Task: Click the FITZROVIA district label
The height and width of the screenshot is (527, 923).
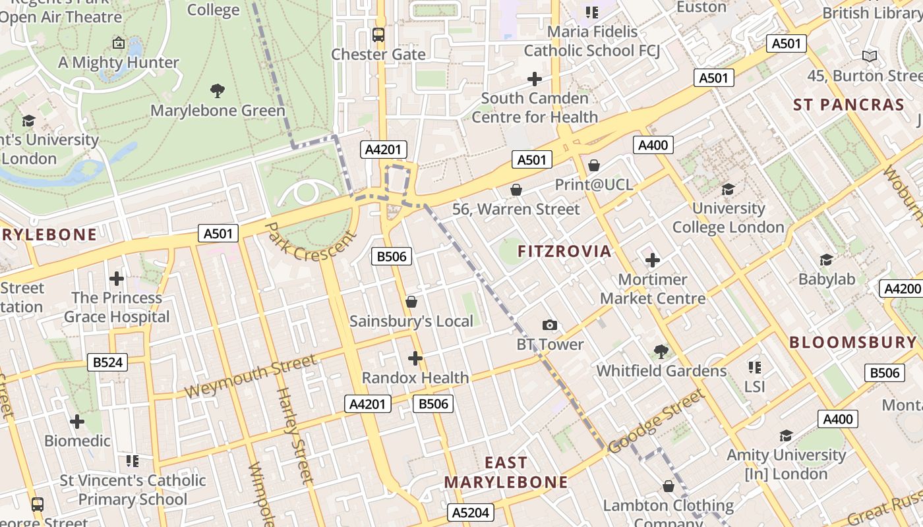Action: click(x=564, y=251)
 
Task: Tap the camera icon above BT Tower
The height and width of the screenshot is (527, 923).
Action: click(x=549, y=325)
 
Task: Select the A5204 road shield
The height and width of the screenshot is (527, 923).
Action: click(x=470, y=513)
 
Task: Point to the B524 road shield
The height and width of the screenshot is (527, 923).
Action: click(x=107, y=362)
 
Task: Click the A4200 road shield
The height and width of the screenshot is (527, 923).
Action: click(x=901, y=289)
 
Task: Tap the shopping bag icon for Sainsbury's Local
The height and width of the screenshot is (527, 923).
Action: click(x=411, y=302)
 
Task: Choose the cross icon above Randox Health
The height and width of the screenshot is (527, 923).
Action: click(x=415, y=358)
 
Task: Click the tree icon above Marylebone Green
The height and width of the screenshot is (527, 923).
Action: click(x=217, y=90)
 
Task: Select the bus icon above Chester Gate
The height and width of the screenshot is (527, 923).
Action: click(x=378, y=35)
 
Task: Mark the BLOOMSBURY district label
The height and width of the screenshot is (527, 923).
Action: click(x=852, y=342)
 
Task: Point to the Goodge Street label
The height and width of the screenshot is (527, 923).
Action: click(x=656, y=422)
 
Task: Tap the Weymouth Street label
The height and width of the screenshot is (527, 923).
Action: click(x=251, y=377)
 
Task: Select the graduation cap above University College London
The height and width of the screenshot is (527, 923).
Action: click(x=728, y=190)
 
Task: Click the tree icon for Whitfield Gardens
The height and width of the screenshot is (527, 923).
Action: click(x=661, y=351)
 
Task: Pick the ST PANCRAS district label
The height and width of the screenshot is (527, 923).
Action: click(x=849, y=105)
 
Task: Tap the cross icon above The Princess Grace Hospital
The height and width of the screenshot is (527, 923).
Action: click(x=117, y=279)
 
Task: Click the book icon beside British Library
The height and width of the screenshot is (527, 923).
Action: click(x=870, y=57)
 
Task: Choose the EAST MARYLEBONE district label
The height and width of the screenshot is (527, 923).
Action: click(x=506, y=472)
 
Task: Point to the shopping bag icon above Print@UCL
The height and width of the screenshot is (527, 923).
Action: click(x=593, y=165)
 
